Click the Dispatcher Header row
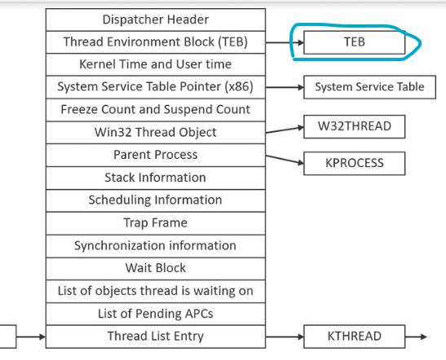coord(155,19)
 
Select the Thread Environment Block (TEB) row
coord(155,42)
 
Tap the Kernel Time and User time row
coord(155,64)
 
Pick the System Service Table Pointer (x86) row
coord(155,87)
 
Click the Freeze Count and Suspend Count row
coord(155,109)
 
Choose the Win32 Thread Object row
coord(155,132)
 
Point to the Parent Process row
coord(155,155)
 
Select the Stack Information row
coord(155,178)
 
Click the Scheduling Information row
coord(155,200)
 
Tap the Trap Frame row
coord(155,222)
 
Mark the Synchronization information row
coord(155,245)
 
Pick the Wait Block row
coord(155,268)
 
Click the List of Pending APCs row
coord(155,314)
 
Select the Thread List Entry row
coord(155,336)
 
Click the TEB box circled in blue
coord(354,43)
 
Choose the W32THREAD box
coord(354,126)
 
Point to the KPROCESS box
coord(354,163)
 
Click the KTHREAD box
coord(354,336)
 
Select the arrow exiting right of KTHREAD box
coord(416,336)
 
